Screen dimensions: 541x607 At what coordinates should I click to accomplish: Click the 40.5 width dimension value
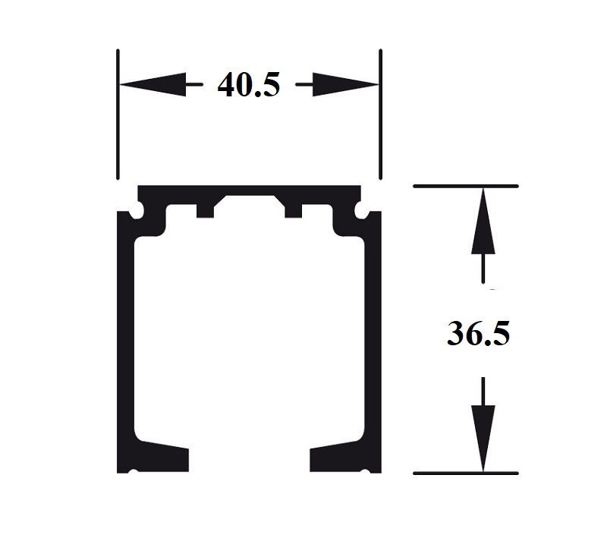pyautogui.click(x=248, y=85)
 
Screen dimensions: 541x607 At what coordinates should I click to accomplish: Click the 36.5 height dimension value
pyautogui.click(x=478, y=334)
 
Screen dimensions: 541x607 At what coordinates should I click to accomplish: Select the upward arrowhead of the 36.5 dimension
pyautogui.click(x=483, y=220)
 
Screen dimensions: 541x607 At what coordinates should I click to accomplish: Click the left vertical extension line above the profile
pyautogui.click(x=118, y=114)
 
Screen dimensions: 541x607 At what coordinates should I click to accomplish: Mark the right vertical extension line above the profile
pyautogui.click(x=380, y=114)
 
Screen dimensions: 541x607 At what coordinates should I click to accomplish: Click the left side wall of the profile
pyautogui.click(x=125, y=341)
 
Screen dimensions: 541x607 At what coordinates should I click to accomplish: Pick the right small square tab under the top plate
pyautogui.click(x=293, y=209)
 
